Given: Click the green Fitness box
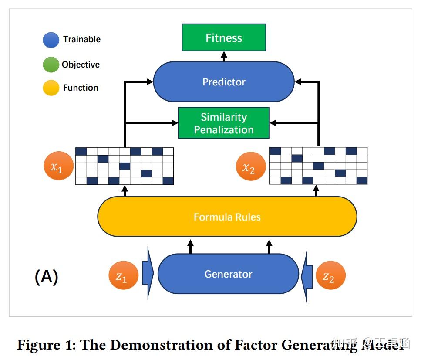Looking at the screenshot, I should tap(223, 38).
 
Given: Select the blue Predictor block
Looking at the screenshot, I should tap(223, 82).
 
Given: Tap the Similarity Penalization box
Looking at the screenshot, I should tap(223, 123).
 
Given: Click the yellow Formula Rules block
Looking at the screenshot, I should tap(227, 217).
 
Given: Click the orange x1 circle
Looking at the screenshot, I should tap(59, 166).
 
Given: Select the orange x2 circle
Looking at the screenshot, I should tap(250, 166).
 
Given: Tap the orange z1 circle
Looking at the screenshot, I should tap(124, 275).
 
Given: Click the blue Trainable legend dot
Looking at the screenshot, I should tap(51, 40).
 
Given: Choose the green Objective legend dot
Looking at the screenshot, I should tap(51, 65).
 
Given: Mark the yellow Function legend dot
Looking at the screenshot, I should tap(51, 88).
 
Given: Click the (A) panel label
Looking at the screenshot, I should tap(46, 277).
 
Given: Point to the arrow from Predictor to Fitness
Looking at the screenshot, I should tap(224, 56).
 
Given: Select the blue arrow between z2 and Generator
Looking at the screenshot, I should tap(307, 275).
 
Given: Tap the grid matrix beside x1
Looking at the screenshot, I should tap(125, 166).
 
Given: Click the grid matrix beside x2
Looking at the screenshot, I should tap(318, 166).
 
